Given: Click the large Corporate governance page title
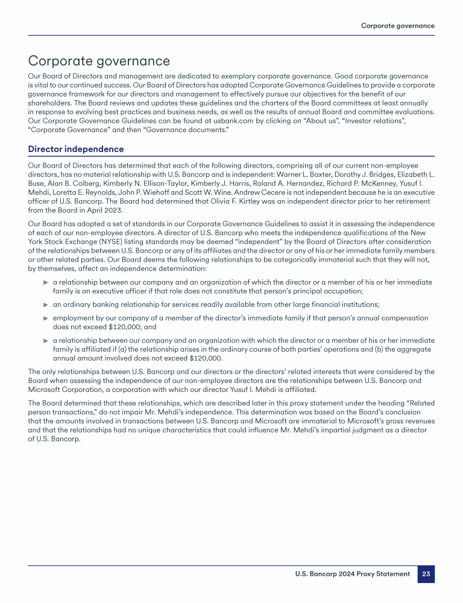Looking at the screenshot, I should pos(99,61).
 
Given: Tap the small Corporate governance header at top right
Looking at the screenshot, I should pos(397,26).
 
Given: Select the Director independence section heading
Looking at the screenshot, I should pos(76,149).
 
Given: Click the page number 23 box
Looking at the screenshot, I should pos(426,574).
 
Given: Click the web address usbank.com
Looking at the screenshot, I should pos(187,121).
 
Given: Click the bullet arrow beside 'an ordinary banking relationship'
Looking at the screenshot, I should pos(45,305).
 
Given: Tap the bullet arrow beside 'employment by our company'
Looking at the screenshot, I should pos(45,318).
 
